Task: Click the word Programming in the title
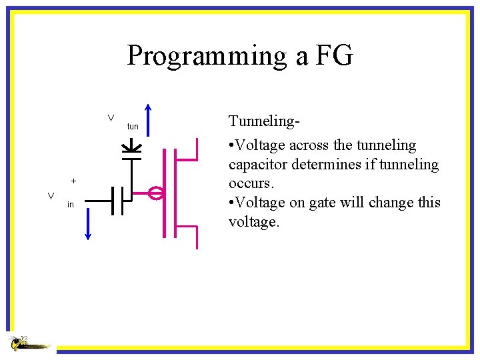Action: [x=207, y=56]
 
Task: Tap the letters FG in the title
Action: [x=333, y=55]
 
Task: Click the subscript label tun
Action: [x=133, y=127]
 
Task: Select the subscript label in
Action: [x=71, y=205]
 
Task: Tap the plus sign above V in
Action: [x=73, y=181]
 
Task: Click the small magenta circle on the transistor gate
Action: [x=155, y=194]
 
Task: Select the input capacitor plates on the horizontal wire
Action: [x=117, y=199]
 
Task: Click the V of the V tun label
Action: [x=111, y=119]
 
